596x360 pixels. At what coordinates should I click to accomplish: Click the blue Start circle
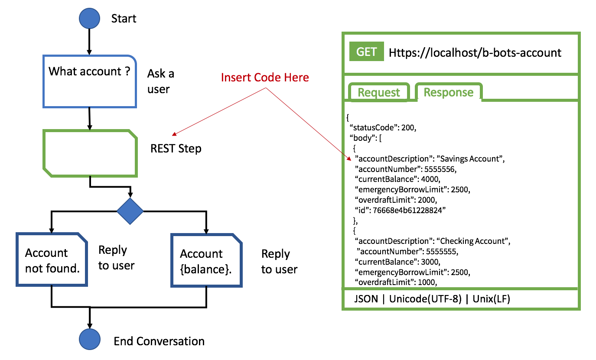point(90,18)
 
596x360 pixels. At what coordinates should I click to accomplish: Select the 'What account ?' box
point(90,81)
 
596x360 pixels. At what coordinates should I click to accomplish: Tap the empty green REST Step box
point(90,153)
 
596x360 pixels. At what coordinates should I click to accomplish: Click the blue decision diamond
point(130,211)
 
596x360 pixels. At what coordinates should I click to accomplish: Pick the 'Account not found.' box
point(52,259)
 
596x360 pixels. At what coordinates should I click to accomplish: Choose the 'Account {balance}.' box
point(206,260)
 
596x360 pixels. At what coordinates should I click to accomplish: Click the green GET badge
point(367,52)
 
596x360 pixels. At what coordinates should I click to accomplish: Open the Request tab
point(379,92)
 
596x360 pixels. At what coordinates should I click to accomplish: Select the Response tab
point(448,92)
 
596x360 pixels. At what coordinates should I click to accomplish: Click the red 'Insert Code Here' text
point(265,78)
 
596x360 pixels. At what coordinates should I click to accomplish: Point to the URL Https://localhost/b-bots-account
point(475,53)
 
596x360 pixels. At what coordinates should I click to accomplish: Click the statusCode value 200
point(407,128)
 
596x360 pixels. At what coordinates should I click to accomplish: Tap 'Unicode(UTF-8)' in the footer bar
point(425,299)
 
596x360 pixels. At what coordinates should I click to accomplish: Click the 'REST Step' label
point(176,149)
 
